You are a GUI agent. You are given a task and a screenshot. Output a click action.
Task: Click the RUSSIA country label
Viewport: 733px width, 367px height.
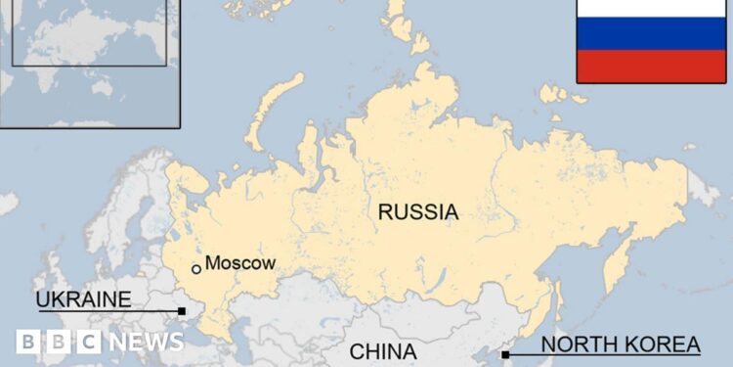[x=418, y=211]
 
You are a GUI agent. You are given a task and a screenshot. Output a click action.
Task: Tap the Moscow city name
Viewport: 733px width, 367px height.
[x=240, y=263]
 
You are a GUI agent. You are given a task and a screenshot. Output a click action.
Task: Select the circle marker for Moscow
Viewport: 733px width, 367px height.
[x=196, y=268]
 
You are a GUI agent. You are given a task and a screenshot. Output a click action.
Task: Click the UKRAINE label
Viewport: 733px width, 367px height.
[x=83, y=298]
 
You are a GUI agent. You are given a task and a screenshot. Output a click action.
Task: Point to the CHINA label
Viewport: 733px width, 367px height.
[x=383, y=351]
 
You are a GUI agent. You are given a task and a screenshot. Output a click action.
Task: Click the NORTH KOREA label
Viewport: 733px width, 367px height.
[x=621, y=344]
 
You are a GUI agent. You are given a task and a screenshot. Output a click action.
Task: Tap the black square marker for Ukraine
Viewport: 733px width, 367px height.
[x=182, y=311]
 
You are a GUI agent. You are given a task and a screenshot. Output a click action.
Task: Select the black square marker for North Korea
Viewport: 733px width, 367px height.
[x=505, y=354]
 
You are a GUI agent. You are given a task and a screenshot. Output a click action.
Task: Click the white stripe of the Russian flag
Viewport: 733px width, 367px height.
[x=651, y=9]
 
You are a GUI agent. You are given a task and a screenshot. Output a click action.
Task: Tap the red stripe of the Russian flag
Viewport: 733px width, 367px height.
[x=651, y=66]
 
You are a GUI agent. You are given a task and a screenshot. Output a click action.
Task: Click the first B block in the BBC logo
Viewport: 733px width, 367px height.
[x=29, y=342]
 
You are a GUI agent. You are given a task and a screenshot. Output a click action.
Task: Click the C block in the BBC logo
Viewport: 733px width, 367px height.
[x=88, y=342]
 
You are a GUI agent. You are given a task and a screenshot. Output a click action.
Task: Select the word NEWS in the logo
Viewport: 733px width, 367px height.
[x=146, y=342]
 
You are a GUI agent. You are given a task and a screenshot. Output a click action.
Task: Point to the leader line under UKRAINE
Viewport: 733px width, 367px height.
[x=108, y=310]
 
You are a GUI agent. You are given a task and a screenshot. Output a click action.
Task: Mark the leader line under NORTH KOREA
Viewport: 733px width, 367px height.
[x=606, y=354]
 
